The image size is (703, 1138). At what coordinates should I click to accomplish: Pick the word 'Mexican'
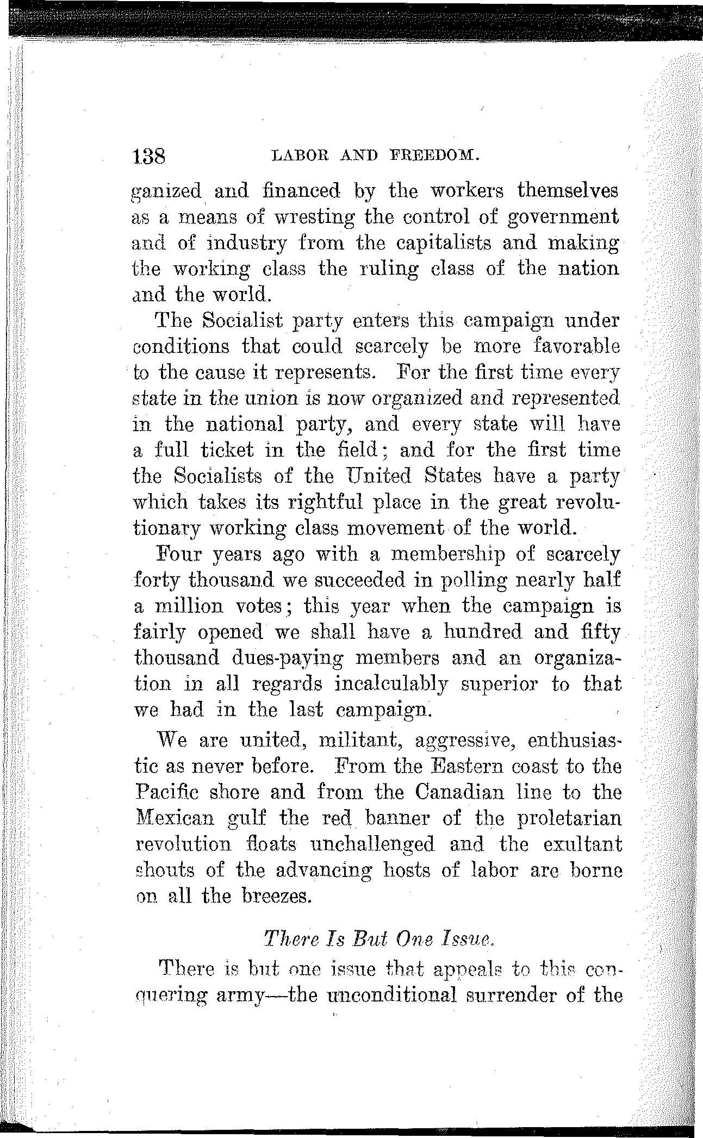(x=175, y=818)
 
